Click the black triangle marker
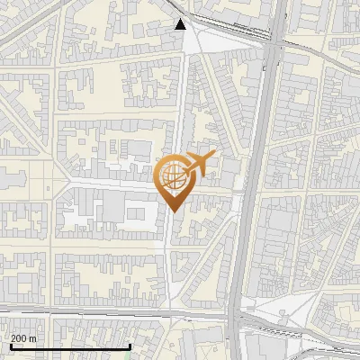181,24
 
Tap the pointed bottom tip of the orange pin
172,211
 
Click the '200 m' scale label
23,338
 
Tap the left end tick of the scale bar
10,346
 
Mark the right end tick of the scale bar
130,346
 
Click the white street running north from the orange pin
180,108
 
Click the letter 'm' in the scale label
33,338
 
